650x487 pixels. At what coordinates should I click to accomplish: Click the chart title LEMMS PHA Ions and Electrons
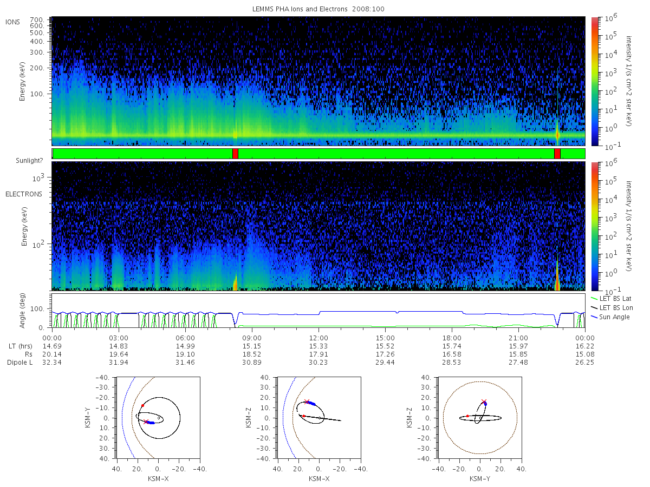click(x=300, y=9)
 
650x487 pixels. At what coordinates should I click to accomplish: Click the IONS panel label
click(x=12, y=22)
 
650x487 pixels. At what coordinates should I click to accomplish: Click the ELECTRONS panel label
click(x=24, y=194)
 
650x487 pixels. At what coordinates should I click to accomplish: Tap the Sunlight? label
click(x=29, y=161)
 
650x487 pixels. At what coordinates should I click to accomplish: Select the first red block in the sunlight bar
click(x=235, y=154)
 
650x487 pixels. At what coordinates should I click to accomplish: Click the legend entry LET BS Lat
click(x=615, y=299)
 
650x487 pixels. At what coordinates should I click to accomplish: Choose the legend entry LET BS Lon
click(x=616, y=308)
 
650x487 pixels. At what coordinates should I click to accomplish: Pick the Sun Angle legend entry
click(x=614, y=317)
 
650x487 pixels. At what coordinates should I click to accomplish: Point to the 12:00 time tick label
click(x=318, y=338)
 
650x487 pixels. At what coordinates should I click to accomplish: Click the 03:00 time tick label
click(x=119, y=338)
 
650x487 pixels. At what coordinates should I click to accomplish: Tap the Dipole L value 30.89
click(x=252, y=363)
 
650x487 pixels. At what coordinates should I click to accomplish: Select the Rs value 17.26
click(x=385, y=354)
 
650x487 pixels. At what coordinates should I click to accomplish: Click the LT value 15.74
click(x=452, y=346)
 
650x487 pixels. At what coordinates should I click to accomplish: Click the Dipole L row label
click(x=19, y=363)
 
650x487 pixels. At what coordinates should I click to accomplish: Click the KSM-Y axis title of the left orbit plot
click(x=88, y=418)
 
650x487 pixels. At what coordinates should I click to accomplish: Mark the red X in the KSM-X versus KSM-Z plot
click(x=307, y=402)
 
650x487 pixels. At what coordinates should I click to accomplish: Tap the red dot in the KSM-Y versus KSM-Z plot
click(x=467, y=416)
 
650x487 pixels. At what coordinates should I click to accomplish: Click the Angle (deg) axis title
click(x=22, y=311)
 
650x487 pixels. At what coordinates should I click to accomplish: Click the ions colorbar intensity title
click(x=628, y=81)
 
